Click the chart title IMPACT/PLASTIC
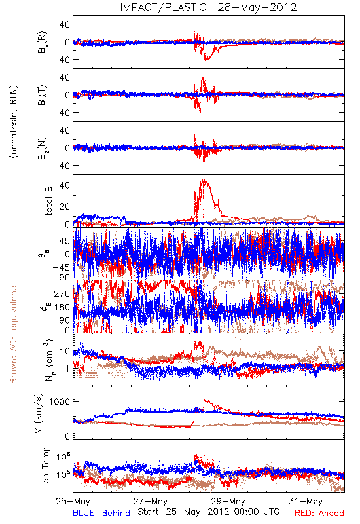(163, 7)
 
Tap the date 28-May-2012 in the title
(257, 7)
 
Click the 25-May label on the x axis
(73, 501)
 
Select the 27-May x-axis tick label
(151, 501)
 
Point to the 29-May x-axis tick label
(228, 501)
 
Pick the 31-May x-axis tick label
(306, 501)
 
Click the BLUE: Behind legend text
(101, 514)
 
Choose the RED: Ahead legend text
(319, 514)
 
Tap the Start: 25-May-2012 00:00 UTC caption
(208, 512)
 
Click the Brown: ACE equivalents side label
(13, 333)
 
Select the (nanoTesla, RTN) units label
(14, 122)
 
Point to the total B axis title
(48, 201)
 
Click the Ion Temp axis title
(46, 466)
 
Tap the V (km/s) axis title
(39, 413)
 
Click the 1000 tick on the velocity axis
(60, 402)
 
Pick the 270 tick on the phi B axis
(62, 293)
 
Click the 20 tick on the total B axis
(65, 206)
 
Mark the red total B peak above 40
(204, 181)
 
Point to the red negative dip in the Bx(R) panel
(207, 58)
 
